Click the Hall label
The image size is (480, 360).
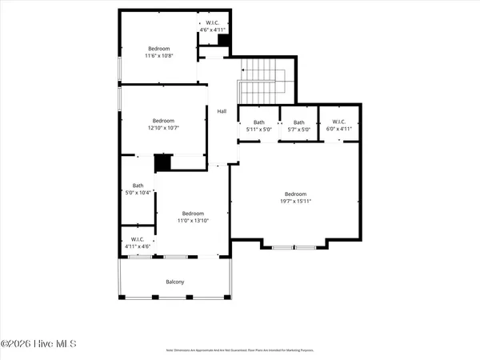pyautogui.click(x=222, y=111)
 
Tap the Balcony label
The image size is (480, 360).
pyautogui.click(x=174, y=281)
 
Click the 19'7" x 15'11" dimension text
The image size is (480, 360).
pyautogui.click(x=295, y=202)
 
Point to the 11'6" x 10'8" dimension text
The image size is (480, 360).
pyautogui.click(x=159, y=56)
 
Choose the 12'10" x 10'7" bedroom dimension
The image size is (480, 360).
pyautogui.click(x=163, y=128)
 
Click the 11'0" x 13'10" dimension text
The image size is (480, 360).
pyautogui.click(x=193, y=222)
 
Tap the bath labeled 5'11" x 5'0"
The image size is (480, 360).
pyautogui.click(x=258, y=129)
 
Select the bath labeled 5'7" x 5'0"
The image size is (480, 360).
pyautogui.click(x=298, y=129)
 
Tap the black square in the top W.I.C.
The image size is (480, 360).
pyautogui.click(x=224, y=39)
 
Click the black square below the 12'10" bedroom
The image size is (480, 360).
pyautogui.click(x=162, y=162)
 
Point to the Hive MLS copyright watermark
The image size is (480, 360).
pyautogui.click(x=38, y=344)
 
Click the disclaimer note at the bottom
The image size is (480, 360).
pyautogui.click(x=239, y=350)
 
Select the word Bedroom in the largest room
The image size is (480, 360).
pyautogui.click(x=295, y=194)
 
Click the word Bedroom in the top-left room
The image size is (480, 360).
pyautogui.click(x=159, y=48)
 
